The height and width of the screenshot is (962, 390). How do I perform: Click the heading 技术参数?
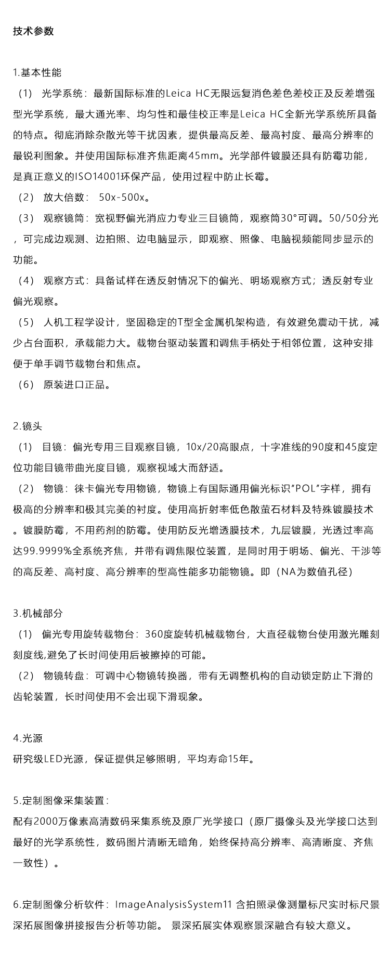click(33, 31)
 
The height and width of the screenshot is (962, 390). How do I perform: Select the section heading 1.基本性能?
click(37, 72)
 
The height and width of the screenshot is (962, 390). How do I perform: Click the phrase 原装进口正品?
click(76, 385)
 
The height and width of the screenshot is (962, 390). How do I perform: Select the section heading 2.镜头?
click(28, 426)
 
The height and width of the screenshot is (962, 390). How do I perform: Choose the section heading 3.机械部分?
click(37, 613)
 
